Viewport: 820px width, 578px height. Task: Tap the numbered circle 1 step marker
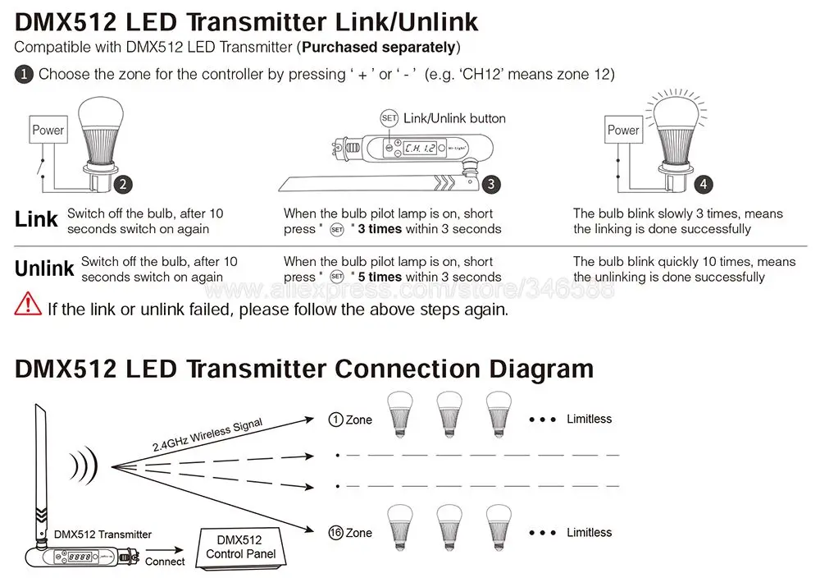pos(24,74)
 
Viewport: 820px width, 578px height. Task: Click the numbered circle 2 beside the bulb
pos(122,185)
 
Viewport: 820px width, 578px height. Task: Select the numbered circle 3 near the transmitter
pos(490,185)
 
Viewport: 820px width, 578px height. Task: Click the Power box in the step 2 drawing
pos(48,130)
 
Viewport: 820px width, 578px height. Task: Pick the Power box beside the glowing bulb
pos(623,130)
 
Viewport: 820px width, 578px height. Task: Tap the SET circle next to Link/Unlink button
pos(389,118)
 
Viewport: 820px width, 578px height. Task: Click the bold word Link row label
pos(36,219)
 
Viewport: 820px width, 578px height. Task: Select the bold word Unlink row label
pos(44,268)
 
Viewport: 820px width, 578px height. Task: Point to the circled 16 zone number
pos(335,533)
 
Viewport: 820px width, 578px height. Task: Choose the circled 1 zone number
pos(335,420)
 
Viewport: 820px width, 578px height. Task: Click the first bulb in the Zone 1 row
pos(399,411)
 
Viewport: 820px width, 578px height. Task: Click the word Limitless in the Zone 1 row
pos(589,419)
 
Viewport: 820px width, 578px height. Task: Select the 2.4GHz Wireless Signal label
pos(207,435)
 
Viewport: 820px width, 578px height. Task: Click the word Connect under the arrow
pos(165,562)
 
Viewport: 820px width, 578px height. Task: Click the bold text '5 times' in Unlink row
pos(380,278)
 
